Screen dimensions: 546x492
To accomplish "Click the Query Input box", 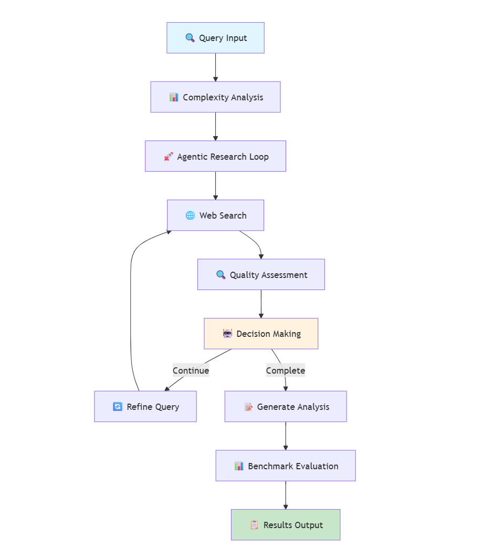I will [x=215, y=38].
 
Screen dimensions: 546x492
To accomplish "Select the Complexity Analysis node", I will [x=215, y=97].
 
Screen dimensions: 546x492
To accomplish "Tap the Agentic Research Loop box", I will [x=215, y=156].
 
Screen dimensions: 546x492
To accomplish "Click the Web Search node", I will [x=215, y=215].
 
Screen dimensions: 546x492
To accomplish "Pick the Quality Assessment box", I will [x=261, y=274].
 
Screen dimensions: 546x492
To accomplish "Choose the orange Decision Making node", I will [x=261, y=334].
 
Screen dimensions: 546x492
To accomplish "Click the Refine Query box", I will [x=145, y=406].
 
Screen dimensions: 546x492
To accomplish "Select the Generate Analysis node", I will [x=286, y=406].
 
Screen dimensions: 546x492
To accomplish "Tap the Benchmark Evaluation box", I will [x=286, y=466].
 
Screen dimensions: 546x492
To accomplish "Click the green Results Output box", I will [x=286, y=524].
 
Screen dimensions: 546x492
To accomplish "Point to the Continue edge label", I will [x=191, y=370].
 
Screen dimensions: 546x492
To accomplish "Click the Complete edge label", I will [x=285, y=370].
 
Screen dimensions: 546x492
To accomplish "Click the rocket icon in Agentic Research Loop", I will [x=168, y=157].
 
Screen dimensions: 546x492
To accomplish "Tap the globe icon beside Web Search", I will [x=190, y=215].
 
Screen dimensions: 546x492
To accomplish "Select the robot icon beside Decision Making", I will [x=227, y=334].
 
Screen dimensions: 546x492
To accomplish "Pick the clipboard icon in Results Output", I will [x=254, y=525].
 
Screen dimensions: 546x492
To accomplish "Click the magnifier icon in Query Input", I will [x=190, y=38].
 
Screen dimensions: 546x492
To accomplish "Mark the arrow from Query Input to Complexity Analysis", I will [x=215, y=67].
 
